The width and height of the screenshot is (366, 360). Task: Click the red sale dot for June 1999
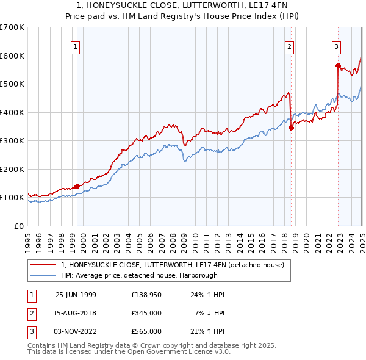[77, 187]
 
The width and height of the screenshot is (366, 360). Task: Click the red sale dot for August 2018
[292, 128]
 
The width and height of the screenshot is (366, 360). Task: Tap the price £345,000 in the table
[146, 313]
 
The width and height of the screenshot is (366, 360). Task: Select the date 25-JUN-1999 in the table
[76, 295]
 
